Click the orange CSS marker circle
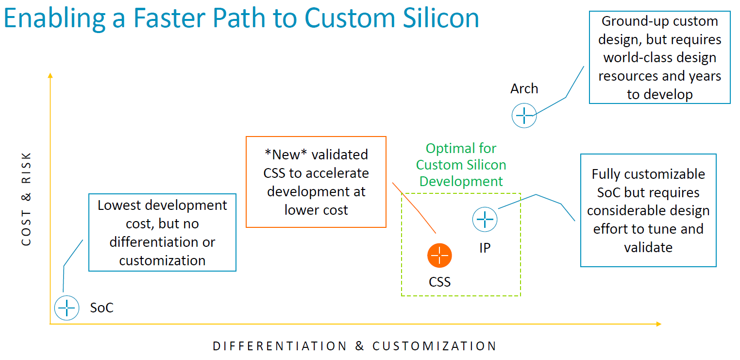[439, 256]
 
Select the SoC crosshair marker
[67, 308]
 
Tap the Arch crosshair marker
[524, 116]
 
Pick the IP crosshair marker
[485, 219]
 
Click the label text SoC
[101, 308]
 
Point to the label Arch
[524, 88]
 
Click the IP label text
[485, 248]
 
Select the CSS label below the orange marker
[439, 282]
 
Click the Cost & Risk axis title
[26, 199]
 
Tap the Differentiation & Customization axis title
[355, 346]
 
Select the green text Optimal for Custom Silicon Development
[461, 165]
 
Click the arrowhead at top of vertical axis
[50, 75]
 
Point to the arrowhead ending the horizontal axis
[658, 324]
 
